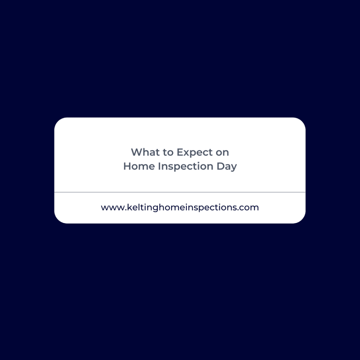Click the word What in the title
click(145, 152)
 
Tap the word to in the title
click(168, 153)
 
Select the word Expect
click(195, 153)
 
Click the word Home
click(139, 166)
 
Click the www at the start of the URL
click(113, 208)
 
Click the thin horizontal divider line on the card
click(180, 192)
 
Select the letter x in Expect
click(187, 153)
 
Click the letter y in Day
click(233, 168)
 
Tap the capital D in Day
click(221, 166)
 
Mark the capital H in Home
click(127, 166)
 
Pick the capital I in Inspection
click(159, 166)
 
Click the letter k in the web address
click(129, 207)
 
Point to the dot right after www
click(126, 210)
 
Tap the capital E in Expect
click(180, 152)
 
